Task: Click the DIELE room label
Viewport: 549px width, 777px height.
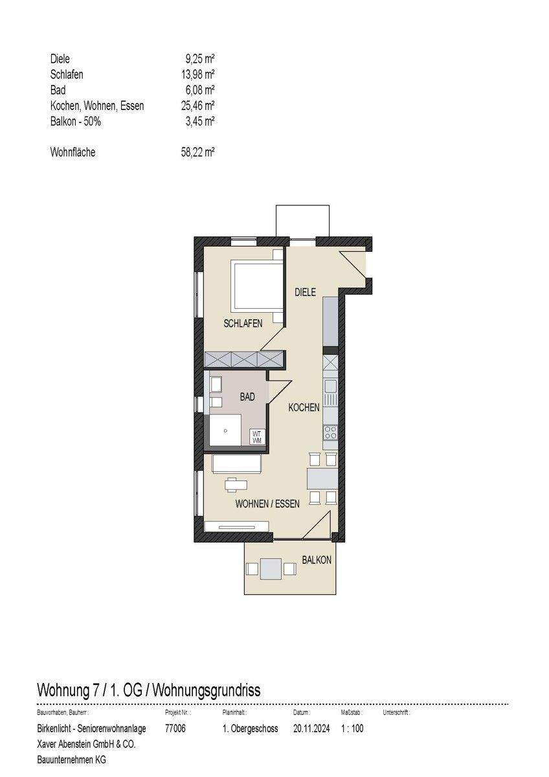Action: [305, 292]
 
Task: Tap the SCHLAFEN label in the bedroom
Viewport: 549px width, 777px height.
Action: [243, 323]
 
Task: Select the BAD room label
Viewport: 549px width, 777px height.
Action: [247, 396]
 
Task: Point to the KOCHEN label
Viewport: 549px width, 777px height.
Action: [304, 407]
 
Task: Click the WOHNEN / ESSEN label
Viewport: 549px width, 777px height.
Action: [267, 504]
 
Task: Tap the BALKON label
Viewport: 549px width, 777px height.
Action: [317, 559]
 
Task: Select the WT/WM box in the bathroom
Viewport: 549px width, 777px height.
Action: [257, 436]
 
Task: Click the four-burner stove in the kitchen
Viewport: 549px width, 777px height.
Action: [330, 433]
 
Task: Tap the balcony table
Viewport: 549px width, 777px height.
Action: [271, 569]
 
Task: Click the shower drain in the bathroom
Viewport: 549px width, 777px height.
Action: [225, 431]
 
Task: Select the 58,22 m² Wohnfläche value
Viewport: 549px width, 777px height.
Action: [197, 152]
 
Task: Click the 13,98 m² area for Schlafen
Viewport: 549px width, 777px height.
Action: [197, 74]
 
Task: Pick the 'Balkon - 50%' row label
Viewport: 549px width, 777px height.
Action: [76, 122]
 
